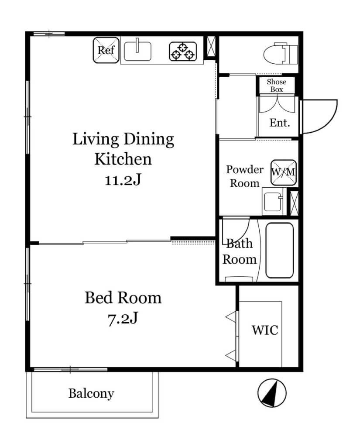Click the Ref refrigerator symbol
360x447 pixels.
tap(106, 50)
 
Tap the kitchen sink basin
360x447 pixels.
tap(137, 51)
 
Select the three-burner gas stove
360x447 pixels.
tap(183, 52)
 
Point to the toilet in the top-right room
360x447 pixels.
tap(281, 54)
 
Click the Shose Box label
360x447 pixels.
tap(277, 86)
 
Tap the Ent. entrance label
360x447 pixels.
tap(280, 123)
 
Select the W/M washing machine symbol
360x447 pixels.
tap(283, 172)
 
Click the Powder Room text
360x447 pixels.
tap(244, 176)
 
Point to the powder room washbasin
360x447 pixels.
tap(273, 202)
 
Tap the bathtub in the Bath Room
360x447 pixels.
tap(279, 250)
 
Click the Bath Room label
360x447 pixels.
tap(240, 251)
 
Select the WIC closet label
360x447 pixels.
tap(265, 330)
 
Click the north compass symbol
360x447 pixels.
tap(272, 393)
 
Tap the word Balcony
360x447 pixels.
tap(91, 394)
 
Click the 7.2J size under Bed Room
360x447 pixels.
tap(123, 318)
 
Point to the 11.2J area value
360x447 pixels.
tap(123, 180)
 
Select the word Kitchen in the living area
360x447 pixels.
tap(123, 159)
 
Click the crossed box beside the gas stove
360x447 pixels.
tap(211, 46)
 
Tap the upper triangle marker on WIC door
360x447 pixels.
tap(232, 317)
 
